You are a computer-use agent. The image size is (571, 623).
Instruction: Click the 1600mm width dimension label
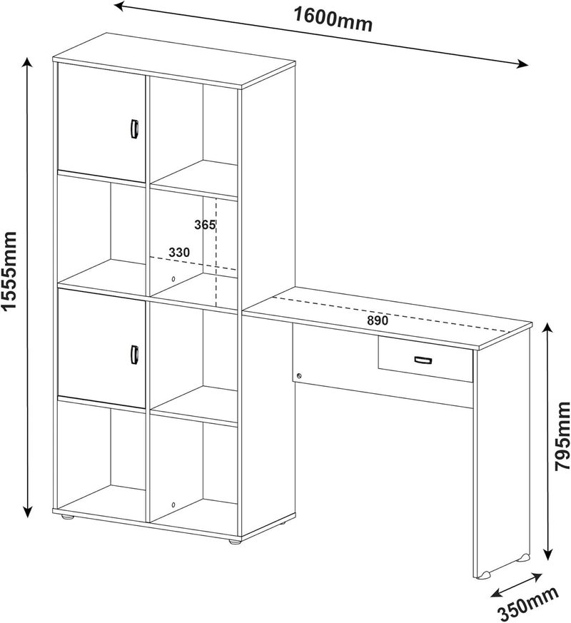pyautogui.click(x=333, y=19)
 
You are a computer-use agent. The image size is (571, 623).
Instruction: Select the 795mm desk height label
pyautogui.click(x=562, y=436)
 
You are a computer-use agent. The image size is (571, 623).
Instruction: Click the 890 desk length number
pyautogui.click(x=377, y=320)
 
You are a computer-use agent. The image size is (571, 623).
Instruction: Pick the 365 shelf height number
pyautogui.click(x=204, y=225)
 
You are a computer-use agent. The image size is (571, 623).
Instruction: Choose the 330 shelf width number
pyautogui.click(x=179, y=253)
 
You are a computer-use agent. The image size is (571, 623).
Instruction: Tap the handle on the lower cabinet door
pyautogui.click(x=134, y=354)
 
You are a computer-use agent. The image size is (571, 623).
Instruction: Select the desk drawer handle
pyautogui.click(x=423, y=360)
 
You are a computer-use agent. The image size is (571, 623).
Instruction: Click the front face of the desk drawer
pyautogui.click(x=425, y=360)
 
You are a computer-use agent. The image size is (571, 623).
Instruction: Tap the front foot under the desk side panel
pyautogui.click(x=485, y=574)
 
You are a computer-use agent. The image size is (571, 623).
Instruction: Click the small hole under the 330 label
pyautogui.click(x=173, y=279)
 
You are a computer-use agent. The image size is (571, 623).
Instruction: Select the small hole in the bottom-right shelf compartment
pyautogui.click(x=173, y=505)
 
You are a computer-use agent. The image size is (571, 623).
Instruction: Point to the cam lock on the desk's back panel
pyautogui.click(x=299, y=375)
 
